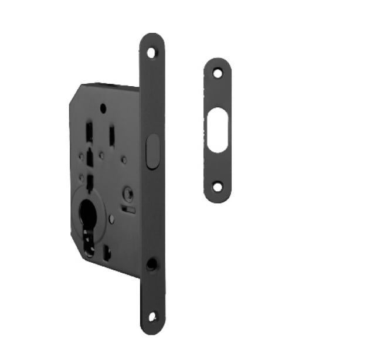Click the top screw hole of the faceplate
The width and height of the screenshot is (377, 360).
coord(152,52)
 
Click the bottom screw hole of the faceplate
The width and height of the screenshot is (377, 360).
coord(152,317)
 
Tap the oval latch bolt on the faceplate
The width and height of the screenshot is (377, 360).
coord(152,151)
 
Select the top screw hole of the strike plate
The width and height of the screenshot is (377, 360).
coord(218,73)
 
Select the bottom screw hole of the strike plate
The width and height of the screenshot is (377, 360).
coord(218,187)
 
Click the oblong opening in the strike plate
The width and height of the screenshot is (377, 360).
coord(218,130)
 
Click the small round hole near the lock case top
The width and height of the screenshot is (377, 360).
coord(103,108)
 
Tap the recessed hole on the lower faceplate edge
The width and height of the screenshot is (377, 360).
coord(151,264)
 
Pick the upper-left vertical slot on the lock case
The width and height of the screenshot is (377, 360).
coord(89,133)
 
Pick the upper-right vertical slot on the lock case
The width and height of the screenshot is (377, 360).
coord(111,136)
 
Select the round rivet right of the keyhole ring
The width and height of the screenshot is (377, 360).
coord(112,219)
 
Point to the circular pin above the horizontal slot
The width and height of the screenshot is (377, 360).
coord(128,193)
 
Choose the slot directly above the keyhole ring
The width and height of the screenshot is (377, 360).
coord(89,181)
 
